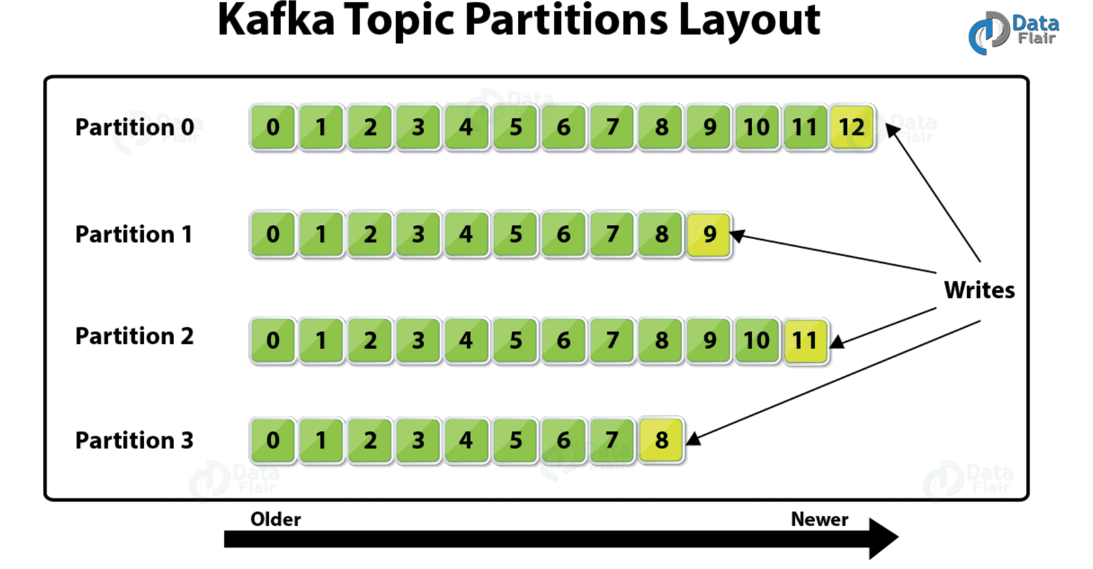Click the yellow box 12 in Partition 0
(x=851, y=128)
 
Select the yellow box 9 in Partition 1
(x=709, y=235)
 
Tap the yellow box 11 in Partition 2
(x=805, y=341)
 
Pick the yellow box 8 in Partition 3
(x=662, y=440)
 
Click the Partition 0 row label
(x=135, y=127)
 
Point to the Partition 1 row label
(x=133, y=235)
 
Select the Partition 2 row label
(x=135, y=336)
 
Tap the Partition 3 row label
(x=135, y=441)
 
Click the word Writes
(x=979, y=290)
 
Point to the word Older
(x=275, y=519)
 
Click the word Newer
(x=819, y=519)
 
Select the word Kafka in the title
(x=276, y=20)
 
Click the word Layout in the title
(x=749, y=20)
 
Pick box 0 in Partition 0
(x=273, y=128)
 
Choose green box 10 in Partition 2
(x=756, y=341)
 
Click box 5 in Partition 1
(x=516, y=235)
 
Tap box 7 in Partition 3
(x=612, y=440)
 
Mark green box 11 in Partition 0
(x=805, y=128)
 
